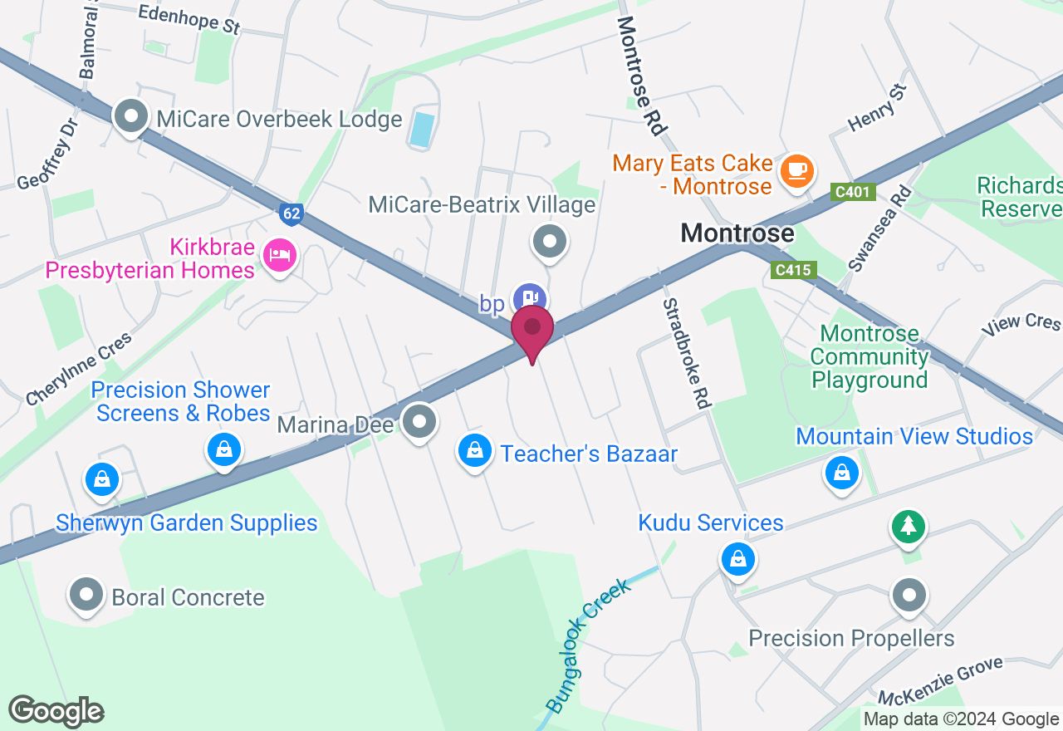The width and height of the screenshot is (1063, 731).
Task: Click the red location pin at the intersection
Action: point(532,330)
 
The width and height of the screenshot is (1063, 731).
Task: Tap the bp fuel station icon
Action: point(529,299)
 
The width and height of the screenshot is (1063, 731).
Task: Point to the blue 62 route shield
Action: point(291,213)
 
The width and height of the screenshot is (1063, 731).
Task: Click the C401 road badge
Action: point(853,193)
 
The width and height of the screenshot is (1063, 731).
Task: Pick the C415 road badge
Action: point(794,270)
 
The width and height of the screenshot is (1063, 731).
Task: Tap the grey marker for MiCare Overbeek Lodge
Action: point(130,117)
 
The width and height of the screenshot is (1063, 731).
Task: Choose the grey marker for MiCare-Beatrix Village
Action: point(548,243)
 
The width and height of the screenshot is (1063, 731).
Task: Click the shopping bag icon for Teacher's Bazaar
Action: point(474,451)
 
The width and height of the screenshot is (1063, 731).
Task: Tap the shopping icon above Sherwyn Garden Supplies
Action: point(102,479)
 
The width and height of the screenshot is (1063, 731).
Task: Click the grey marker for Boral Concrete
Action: point(86,595)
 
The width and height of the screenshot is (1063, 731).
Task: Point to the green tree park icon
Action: point(909,526)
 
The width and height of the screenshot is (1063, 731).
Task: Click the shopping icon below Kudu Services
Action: point(737,559)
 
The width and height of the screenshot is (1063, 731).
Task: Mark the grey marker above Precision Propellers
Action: point(909,596)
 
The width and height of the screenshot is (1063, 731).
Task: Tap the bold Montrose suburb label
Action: point(737,233)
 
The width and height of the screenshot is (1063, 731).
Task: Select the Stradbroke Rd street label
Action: point(687,354)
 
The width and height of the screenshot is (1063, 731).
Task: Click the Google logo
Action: point(56,712)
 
